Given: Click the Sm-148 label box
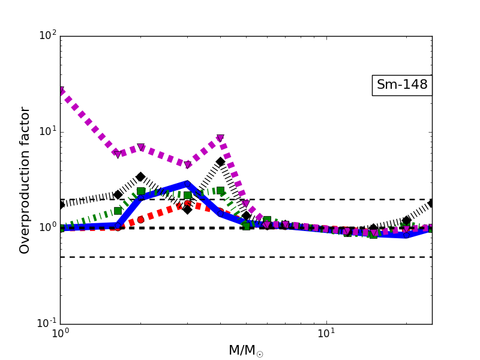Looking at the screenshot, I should click(402, 85).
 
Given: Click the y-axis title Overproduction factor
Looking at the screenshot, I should click(25, 180).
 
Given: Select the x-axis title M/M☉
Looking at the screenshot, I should click(245, 350).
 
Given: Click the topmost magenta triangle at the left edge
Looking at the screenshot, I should click(61, 91).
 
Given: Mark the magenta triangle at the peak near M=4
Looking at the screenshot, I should click(220, 138).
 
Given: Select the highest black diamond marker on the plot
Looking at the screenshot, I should click(220, 161).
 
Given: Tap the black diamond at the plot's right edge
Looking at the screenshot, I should click(431, 203).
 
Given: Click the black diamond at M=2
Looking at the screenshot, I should click(140, 176).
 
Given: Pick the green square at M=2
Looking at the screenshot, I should click(140, 191).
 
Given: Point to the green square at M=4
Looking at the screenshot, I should click(220, 190).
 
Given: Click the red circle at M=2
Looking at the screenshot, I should click(140, 220).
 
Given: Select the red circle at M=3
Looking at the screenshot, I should click(187, 204).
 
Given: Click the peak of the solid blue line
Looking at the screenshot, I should click(187, 183).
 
